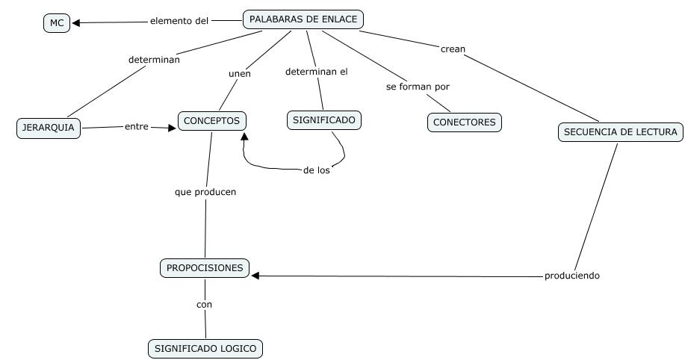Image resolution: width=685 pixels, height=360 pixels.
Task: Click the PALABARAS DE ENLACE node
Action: pos(303,19)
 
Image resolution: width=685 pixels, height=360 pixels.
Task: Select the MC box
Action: pos(57,23)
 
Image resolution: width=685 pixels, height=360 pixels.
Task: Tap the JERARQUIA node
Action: pos(49,128)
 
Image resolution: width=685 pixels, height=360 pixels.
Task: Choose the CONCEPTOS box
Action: pos(212,120)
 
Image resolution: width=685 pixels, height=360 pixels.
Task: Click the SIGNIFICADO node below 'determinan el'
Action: pos(324,120)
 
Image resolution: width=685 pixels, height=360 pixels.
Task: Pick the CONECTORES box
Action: pos(464,122)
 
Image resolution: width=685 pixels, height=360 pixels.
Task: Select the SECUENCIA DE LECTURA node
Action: pos(620,132)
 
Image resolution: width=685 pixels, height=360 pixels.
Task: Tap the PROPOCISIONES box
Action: pos(205,268)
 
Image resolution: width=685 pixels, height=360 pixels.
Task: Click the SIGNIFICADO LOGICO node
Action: pos(205,348)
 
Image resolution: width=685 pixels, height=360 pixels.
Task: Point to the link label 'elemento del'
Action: pos(179,21)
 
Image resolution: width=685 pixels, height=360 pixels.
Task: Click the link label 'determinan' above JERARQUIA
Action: pos(154,60)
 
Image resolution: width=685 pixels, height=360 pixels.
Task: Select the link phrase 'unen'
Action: pos(239,74)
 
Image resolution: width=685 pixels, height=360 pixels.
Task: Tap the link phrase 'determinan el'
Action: pos(317,72)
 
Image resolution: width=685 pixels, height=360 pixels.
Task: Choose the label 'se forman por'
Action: pos(418,87)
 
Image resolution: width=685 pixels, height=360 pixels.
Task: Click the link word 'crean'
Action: pos(453,49)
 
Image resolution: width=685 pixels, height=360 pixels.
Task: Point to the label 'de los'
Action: pos(317,170)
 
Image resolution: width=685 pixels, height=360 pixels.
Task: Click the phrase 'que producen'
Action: pos(205,192)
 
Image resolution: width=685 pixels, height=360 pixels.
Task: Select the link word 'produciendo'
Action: pos(571,276)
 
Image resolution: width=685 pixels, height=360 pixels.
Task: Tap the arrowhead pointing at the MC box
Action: pos(76,22)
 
